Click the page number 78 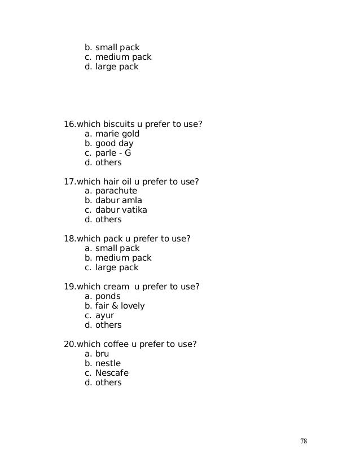coord(304,441)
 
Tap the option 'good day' coord(114,143)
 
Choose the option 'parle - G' coord(113,153)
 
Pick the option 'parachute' coord(116,191)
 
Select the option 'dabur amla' coord(118,200)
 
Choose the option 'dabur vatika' coord(121,210)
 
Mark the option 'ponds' coord(108,296)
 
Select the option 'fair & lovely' coord(120,306)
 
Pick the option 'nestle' coord(108,363)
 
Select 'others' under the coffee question coord(108,383)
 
